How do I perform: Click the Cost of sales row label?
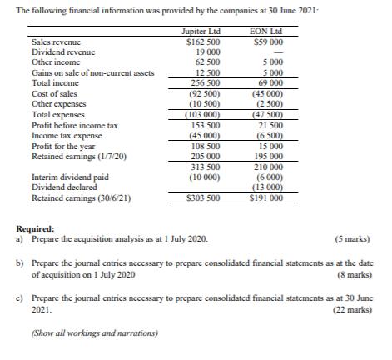pyautogui.click(x=52, y=94)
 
